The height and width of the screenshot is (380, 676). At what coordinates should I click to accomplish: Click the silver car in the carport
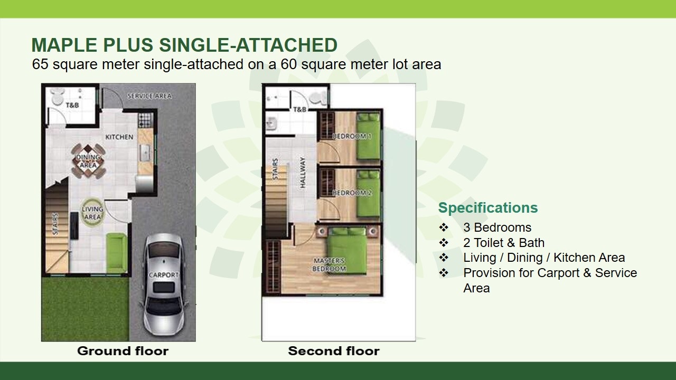click(164, 284)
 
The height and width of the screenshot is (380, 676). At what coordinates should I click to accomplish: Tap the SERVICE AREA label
click(149, 96)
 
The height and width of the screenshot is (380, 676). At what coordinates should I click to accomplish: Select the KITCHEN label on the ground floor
click(119, 137)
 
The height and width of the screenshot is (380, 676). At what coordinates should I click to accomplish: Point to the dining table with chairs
click(88, 161)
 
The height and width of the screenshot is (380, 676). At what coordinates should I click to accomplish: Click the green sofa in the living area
click(116, 253)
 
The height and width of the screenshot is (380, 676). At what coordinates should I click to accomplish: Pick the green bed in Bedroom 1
click(368, 136)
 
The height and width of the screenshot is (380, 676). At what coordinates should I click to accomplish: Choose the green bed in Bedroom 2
click(368, 193)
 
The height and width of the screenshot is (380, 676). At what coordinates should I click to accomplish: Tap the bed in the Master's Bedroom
click(348, 250)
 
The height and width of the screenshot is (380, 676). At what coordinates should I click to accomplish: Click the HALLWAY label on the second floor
click(303, 172)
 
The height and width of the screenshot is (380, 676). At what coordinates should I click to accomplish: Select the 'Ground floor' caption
click(123, 351)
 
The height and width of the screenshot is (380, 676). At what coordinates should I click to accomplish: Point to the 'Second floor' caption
click(334, 351)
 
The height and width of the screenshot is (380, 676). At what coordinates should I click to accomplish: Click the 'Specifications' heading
click(488, 208)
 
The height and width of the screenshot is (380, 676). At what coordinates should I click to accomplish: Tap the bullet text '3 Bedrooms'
click(497, 227)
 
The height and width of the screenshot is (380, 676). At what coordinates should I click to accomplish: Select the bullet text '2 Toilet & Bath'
click(504, 243)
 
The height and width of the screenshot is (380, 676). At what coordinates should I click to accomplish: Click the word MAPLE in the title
click(64, 45)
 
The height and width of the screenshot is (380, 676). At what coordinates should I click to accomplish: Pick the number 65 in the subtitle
click(40, 64)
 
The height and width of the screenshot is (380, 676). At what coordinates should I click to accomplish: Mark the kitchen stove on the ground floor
click(145, 120)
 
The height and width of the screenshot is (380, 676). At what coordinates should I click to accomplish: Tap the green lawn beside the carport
click(86, 309)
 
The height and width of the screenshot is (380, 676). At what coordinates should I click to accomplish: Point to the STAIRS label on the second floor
click(275, 169)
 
